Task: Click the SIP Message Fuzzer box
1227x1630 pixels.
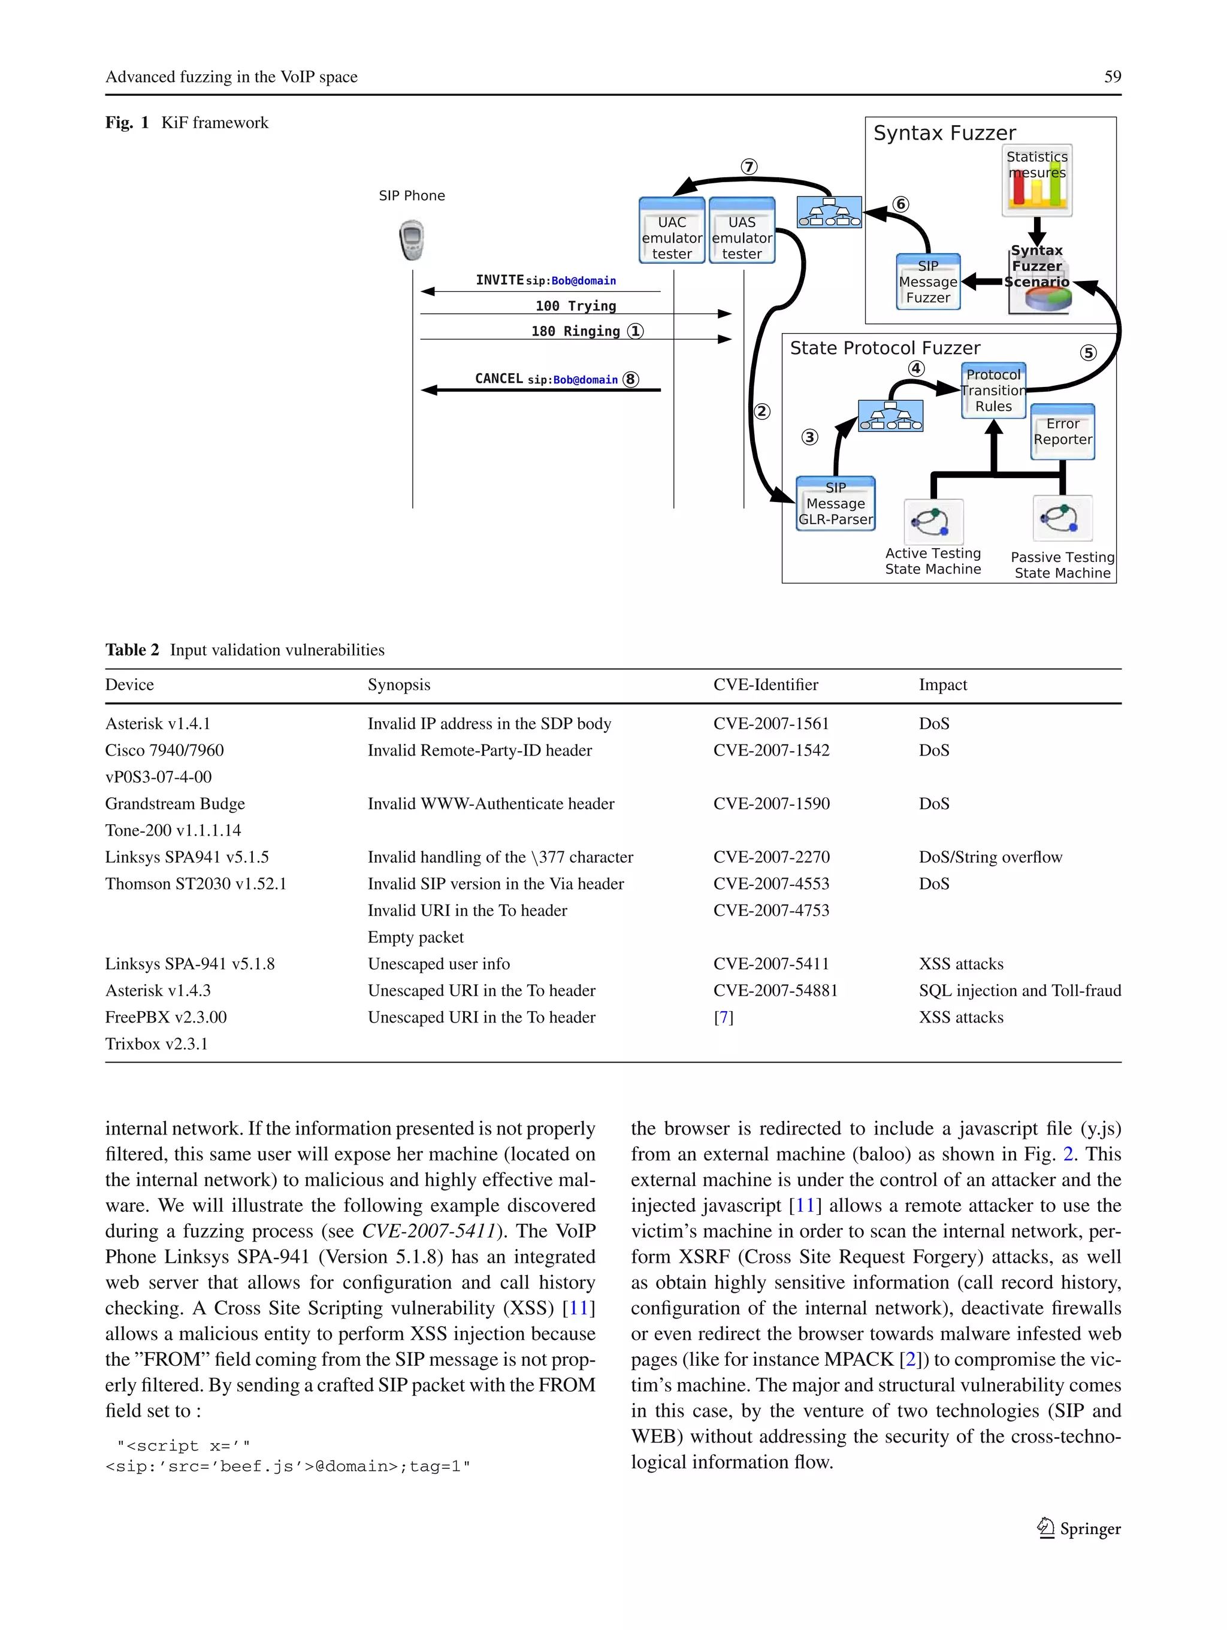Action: pos(928,282)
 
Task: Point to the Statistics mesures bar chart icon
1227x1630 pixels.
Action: pos(1037,180)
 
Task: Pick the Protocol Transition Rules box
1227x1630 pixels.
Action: pos(993,391)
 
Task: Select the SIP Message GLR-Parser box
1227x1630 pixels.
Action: pos(836,503)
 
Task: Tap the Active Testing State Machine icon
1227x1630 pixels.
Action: pos(933,521)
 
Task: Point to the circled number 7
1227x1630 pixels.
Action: pos(749,167)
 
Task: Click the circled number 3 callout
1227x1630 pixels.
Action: pos(809,437)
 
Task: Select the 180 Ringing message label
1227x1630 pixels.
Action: pos(576,331)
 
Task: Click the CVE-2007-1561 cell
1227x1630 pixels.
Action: pos(771,724)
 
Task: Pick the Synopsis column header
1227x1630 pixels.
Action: pos(398,685)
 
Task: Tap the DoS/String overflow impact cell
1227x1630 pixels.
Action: pos(990,857)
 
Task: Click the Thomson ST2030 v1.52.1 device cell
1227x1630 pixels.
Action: pos(195,884)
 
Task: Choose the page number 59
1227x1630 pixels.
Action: pos(1112,77)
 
